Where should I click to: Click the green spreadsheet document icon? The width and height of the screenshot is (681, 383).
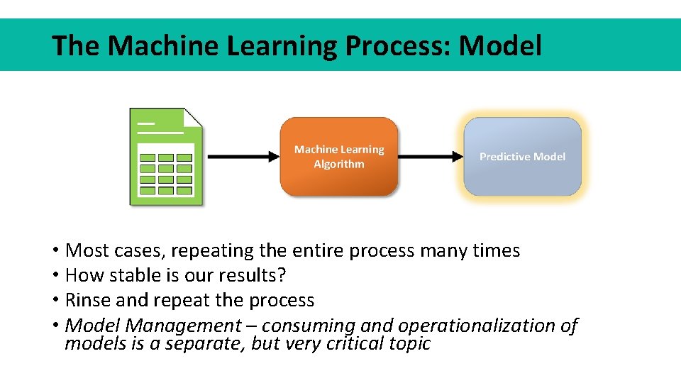[x=166, y=157]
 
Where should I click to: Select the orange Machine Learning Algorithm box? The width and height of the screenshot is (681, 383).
[x=339, y=157]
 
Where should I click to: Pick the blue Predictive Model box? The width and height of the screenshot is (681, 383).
[x=523, y=157]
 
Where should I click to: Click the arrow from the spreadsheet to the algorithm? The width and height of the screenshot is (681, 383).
[x=241, y=157]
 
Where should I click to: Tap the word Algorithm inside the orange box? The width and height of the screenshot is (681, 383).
[x=339, y=165]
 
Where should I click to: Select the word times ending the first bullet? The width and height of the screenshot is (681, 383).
[x=497, y=251]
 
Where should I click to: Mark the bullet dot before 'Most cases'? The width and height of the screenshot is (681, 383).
[x=55, y=251]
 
